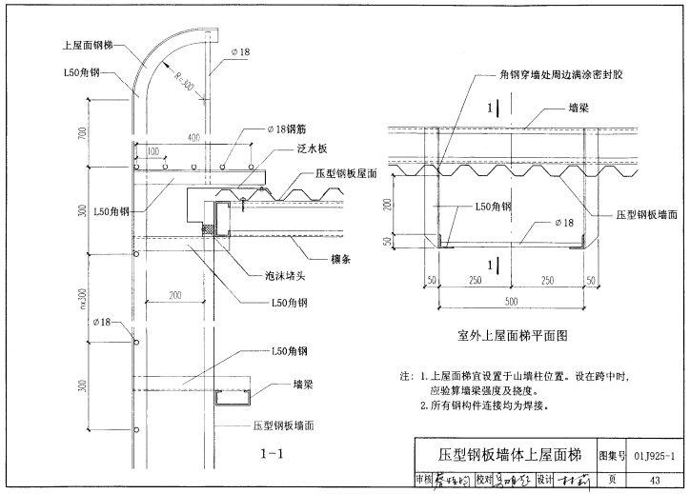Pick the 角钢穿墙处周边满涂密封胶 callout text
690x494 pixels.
pyautogui.click(x=562, y=72)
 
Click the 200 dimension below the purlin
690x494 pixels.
pyautogui.click(x=175, y=296)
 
